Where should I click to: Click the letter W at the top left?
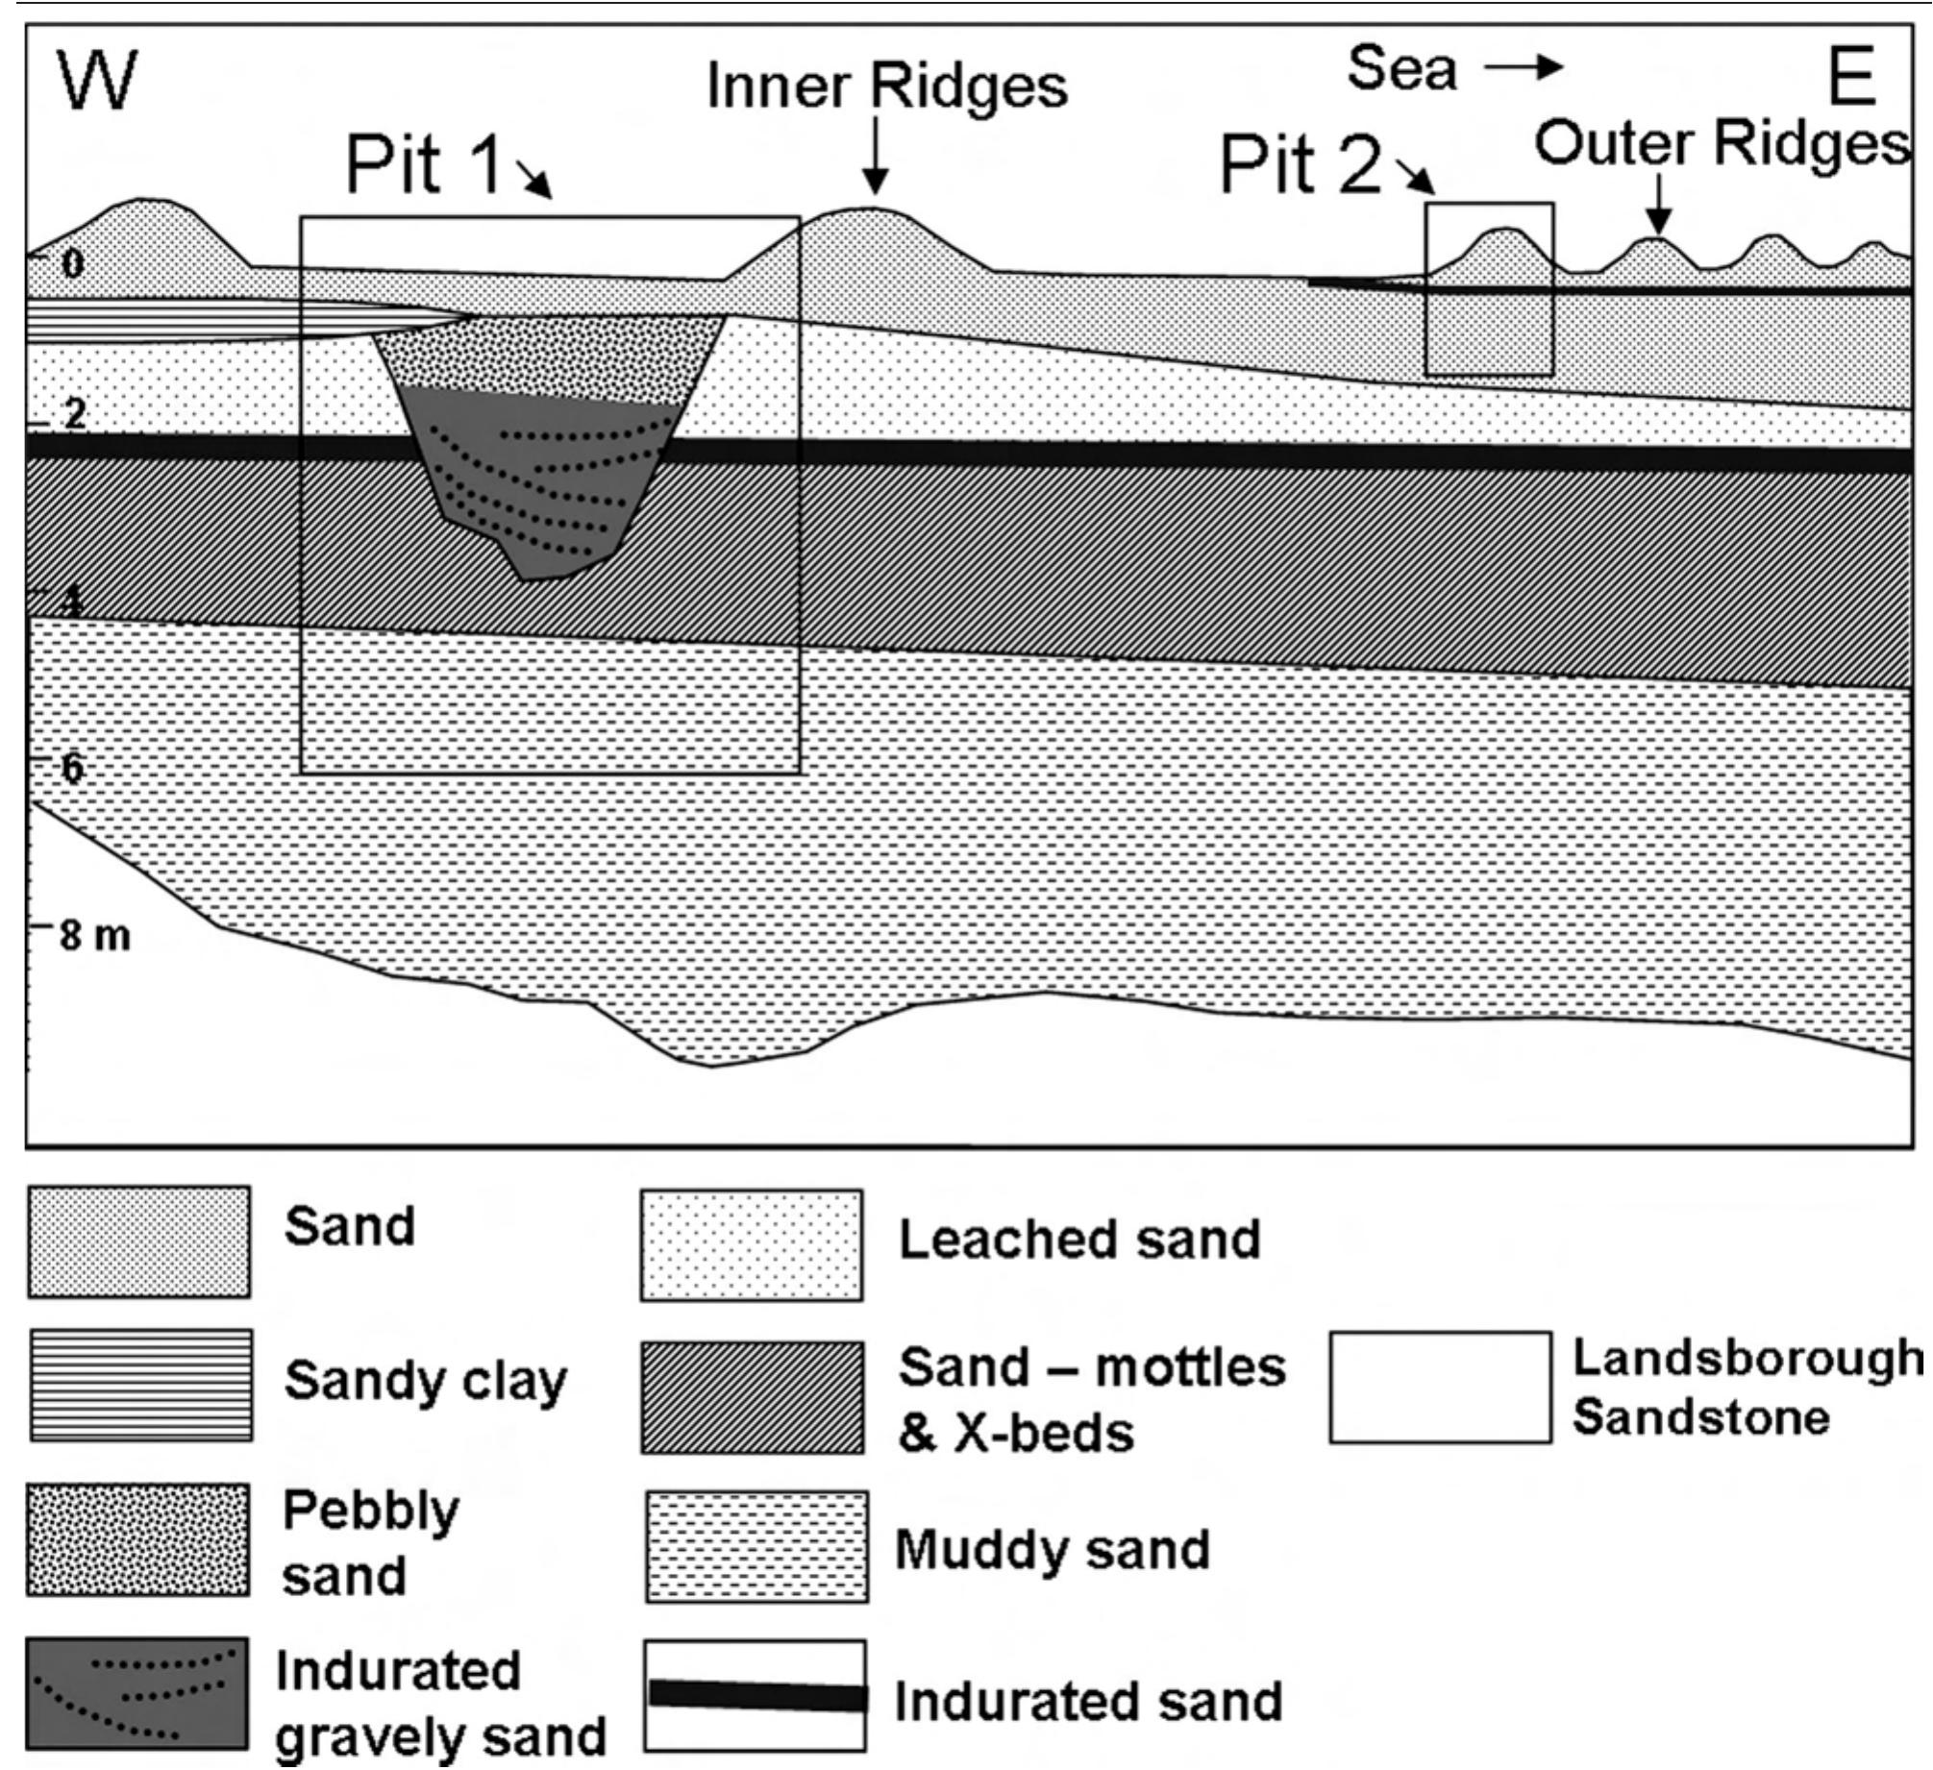97,81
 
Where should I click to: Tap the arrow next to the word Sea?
1523,67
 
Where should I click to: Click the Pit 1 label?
423,165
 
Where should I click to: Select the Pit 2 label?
1300,165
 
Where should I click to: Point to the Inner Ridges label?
886,86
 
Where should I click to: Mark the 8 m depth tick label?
94,935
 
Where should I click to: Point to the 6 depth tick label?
73,768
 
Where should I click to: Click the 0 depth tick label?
72,263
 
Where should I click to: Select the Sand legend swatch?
138,1241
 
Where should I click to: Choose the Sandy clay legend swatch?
140,1385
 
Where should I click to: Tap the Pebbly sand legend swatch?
138,1539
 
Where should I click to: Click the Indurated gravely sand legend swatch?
136,1693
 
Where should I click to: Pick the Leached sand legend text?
1078,1240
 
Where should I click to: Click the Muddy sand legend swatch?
756,1546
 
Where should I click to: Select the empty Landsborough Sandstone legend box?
1440,1387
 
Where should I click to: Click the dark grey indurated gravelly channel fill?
538,480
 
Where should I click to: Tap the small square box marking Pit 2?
1489,288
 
